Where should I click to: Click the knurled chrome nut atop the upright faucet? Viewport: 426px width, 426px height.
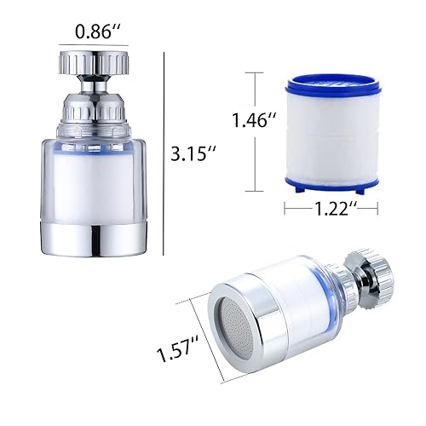point(94,64)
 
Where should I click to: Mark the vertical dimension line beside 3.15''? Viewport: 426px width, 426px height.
point(163,153)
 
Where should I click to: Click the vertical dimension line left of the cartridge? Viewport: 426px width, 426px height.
point(252,132)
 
